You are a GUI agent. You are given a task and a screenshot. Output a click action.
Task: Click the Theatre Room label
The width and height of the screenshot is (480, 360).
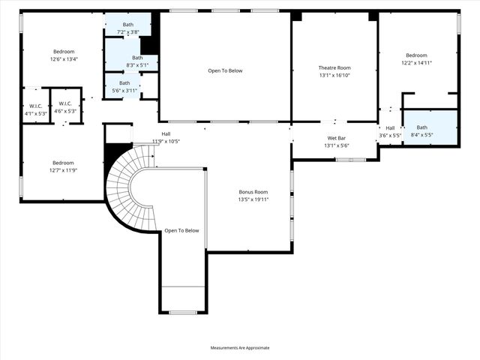pos(334,67)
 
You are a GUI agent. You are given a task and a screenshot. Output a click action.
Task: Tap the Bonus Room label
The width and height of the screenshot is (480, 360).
pos(253,192)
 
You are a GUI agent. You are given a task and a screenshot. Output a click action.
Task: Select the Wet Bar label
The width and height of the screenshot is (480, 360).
pos(336,138)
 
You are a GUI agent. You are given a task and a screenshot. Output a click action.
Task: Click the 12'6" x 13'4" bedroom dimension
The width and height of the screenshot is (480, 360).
pos(64,59)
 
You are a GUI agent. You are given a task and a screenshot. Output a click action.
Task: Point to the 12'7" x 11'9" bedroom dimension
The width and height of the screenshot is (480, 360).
pos(63,170)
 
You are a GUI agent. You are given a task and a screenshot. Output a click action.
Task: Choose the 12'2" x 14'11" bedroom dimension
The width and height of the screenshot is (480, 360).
pos(416,63)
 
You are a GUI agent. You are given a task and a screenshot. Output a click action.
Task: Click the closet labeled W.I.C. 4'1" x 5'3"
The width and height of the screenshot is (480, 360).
pos(35,109)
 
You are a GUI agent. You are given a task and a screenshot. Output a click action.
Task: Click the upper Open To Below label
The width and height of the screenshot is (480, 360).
pos(225,70)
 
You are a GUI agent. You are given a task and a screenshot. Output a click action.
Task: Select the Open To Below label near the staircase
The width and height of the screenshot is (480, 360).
pos(181,230)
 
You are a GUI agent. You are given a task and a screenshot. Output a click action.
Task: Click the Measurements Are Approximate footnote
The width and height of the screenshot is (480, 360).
pos(240,347)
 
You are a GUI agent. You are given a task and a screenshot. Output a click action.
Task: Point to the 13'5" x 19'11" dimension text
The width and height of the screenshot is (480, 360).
pos(253,199)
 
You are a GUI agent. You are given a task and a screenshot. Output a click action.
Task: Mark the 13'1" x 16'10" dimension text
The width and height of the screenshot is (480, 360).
pos(334,75)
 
